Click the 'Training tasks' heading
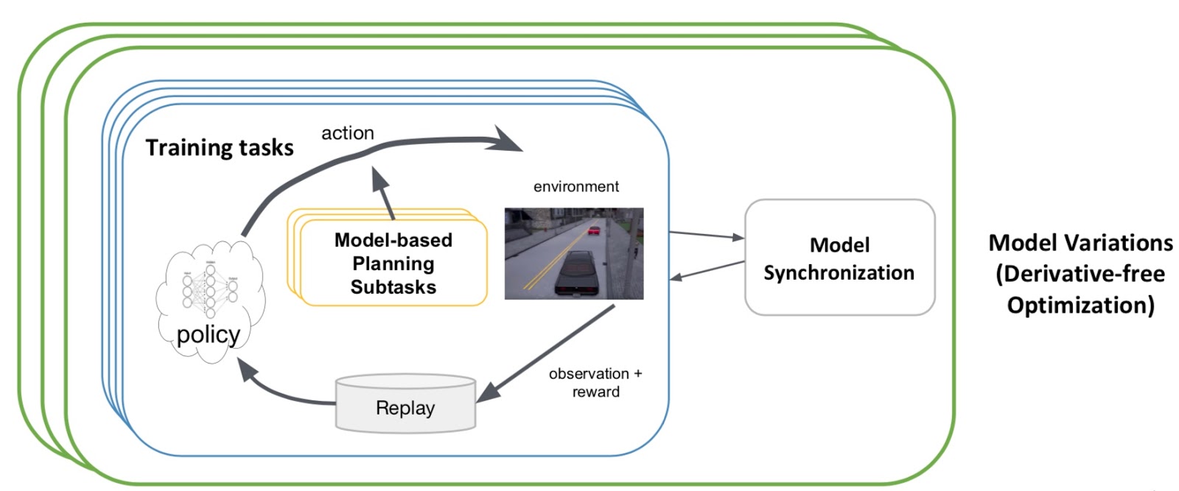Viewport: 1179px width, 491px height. click(x=219, y=148)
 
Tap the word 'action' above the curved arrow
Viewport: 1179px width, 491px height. click(x=347, y=133)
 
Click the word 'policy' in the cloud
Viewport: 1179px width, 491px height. click(x=209, y=335)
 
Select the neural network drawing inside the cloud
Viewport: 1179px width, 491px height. click(x=210, y=289)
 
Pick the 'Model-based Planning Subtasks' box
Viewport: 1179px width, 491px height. click(x=393, y=264)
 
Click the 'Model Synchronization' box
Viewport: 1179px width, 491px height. click(x=839, y=258)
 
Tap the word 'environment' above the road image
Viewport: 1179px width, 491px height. click(x=575, y=187)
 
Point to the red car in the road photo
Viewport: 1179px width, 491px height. click(x=593, y=230)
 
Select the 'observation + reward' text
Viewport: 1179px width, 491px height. click(x=595, y=383)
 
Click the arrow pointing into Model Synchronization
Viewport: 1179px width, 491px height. click(x=706, y=236)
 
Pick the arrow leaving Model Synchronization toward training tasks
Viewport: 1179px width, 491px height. click(x=706, y=270)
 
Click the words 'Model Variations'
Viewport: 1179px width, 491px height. click(x=1080, y=243)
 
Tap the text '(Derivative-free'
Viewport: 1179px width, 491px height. click(x=1080, y=275)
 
